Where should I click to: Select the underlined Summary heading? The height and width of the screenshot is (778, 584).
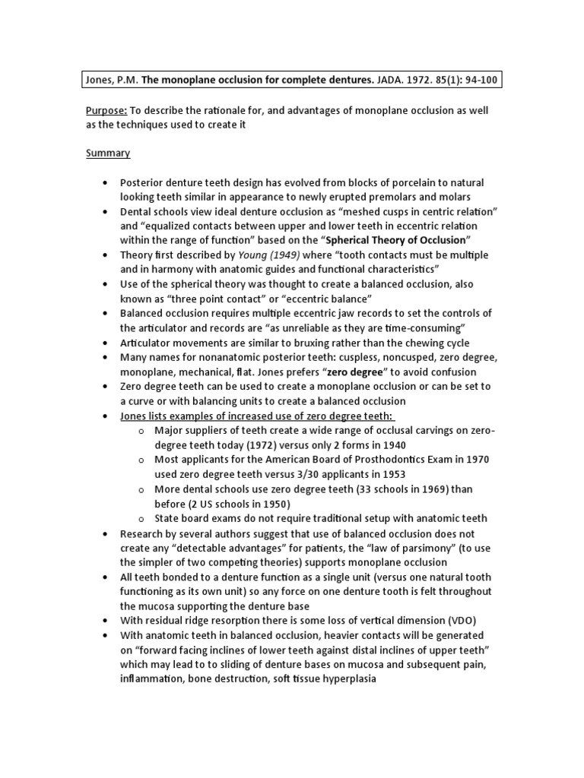(107, 153)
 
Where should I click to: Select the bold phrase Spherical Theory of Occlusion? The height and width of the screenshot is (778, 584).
(395, 240)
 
